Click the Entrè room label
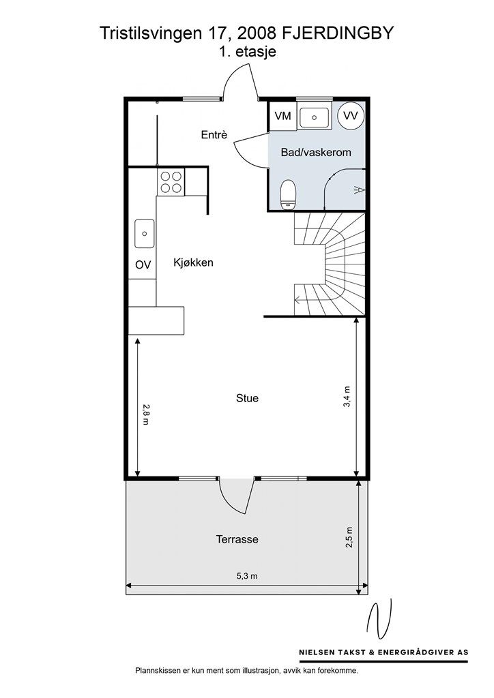point(214,134)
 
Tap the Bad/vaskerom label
point(316,152)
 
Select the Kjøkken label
point(193,262)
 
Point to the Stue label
point(247,398)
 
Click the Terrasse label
point(237,540)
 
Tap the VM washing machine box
point(283,116)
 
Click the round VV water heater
point(351,116)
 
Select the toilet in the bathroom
point(288,194)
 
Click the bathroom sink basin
point(314,117)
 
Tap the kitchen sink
point(145,233)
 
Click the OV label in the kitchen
point(143,264)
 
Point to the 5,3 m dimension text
point(247,575)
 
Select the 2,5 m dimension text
point(349,537)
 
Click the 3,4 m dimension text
point(347,396)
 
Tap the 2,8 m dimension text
point(145,414)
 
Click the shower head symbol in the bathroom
point(359,191)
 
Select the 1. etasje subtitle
point(247,52)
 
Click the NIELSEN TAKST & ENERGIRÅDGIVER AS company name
point(383,652)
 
